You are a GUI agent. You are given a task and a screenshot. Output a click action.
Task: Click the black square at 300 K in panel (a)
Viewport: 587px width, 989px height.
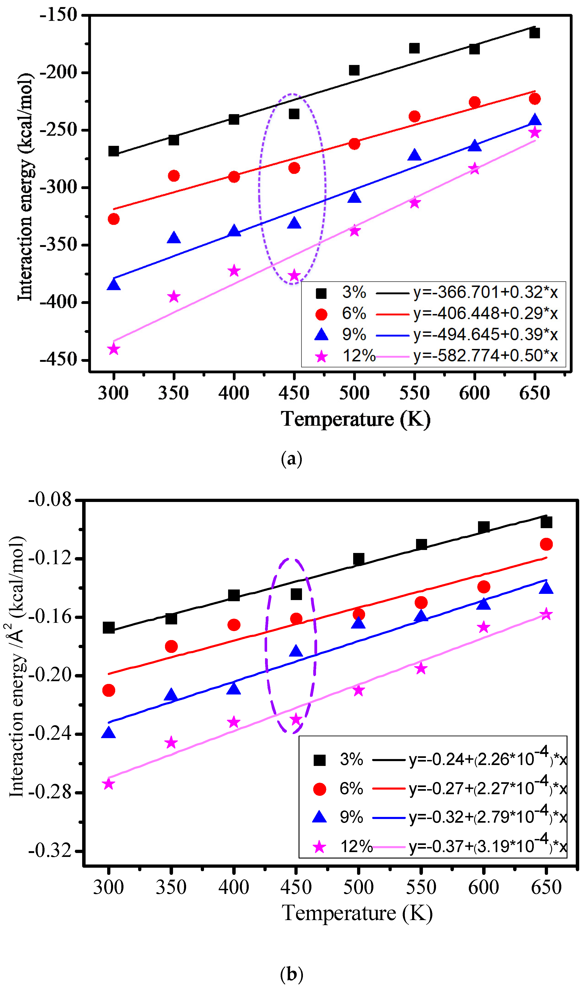click(x=114, y=151)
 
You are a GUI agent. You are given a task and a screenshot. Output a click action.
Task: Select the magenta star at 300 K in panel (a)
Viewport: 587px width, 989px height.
click(x=114, y=349)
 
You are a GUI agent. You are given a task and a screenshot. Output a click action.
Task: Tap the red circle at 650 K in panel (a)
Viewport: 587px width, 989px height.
click(x=534, y=99)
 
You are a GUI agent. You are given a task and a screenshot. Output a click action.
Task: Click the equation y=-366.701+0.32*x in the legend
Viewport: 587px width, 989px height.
click(x=485, y=293)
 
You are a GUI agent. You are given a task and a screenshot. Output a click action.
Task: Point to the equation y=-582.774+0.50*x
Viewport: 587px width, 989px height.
click(x=485, y=356)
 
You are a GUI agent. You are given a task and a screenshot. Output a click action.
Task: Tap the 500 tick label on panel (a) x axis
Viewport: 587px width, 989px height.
click(x=354, y=393)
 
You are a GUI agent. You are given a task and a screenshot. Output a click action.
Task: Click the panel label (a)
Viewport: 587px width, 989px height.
click(x=291, y=459)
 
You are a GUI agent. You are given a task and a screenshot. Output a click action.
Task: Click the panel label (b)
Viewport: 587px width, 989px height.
click(x=291, y=974)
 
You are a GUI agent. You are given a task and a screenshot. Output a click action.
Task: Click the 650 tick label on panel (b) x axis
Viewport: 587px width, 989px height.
click(x=546, y=887)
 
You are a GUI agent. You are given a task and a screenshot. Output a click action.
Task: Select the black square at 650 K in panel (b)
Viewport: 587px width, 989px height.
click(x=546, y=523)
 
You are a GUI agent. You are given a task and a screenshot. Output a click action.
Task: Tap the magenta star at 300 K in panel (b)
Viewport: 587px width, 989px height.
click(x=108, y=784)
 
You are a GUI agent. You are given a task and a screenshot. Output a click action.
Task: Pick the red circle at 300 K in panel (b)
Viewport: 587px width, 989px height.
click(x=108, y=691)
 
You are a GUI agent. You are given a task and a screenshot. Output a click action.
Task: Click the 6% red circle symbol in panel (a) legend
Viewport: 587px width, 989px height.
click(x=321, y=314)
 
